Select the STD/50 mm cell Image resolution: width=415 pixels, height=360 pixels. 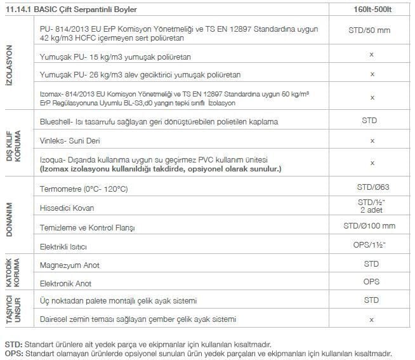[x=372, y=30]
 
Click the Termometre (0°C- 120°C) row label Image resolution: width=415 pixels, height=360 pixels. [x=84, y=189]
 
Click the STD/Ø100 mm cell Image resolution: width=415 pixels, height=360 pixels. [x=372, y=226]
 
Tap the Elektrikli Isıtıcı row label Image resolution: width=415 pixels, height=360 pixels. [x=63, y=246]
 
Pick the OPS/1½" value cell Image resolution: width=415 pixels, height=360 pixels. [x=372, y=244]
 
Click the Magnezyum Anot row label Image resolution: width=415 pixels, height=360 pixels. [x=69, y=265]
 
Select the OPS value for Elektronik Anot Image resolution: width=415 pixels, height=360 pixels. [x=372, y=281]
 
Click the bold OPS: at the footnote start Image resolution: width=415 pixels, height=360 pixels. [x=13, y=353]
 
